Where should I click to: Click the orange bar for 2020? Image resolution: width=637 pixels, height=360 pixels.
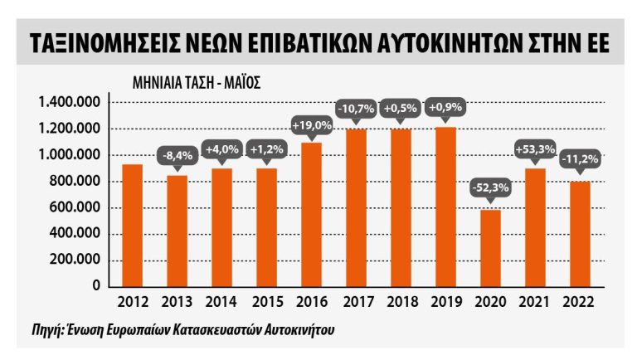point(490,247)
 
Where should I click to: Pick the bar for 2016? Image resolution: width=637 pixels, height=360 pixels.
point(311,213)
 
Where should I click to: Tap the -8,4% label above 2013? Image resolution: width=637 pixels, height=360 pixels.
point(177,154)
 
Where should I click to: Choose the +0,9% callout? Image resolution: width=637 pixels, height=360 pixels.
point(445,108)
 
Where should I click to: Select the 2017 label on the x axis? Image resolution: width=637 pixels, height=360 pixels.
point(356,304)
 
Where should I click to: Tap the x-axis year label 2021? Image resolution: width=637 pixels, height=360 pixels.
point(535,304)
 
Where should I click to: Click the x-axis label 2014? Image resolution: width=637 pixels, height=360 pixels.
point(221,304)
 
